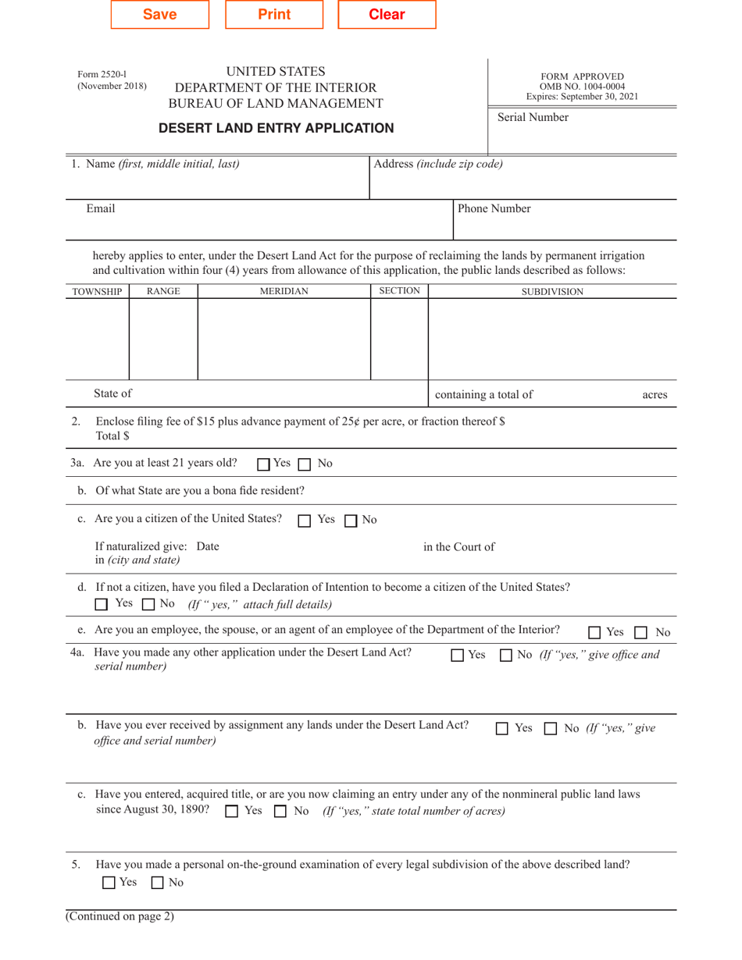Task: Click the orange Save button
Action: (160, 15)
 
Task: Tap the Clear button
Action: (387, 15)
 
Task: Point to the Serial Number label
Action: (533, 118)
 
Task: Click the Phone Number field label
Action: (494, 208)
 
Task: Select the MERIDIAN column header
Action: (284, 291)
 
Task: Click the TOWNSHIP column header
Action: (97, 291)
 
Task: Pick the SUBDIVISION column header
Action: (552, 291)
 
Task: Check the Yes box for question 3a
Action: (264, 464)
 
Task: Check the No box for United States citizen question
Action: (351, 521)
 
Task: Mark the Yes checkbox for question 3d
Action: (102, 604)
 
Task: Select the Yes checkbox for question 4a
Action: (458, 656)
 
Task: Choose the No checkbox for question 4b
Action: (550, 729)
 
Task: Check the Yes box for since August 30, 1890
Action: (231, 812)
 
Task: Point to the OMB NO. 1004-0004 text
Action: (582, 87)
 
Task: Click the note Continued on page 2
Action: (120, 917)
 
